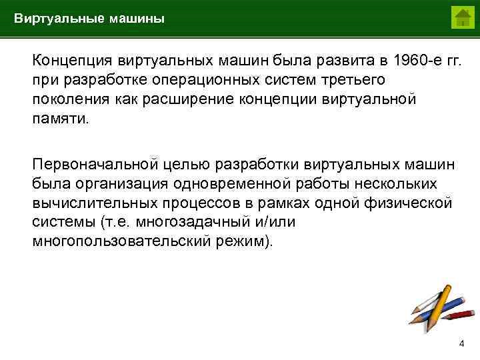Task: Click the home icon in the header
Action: (461, 17)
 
